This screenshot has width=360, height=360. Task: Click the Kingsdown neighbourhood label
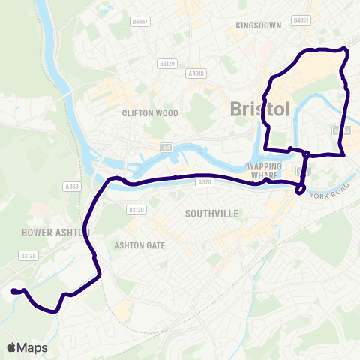click(x=258, y=25)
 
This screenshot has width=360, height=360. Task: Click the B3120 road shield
click(x=136, y=211)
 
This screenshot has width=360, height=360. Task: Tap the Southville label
click(x=211, y=214)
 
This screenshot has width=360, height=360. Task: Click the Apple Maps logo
click(x=26, y=347)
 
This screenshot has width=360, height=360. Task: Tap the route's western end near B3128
click(x=13, y=291)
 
